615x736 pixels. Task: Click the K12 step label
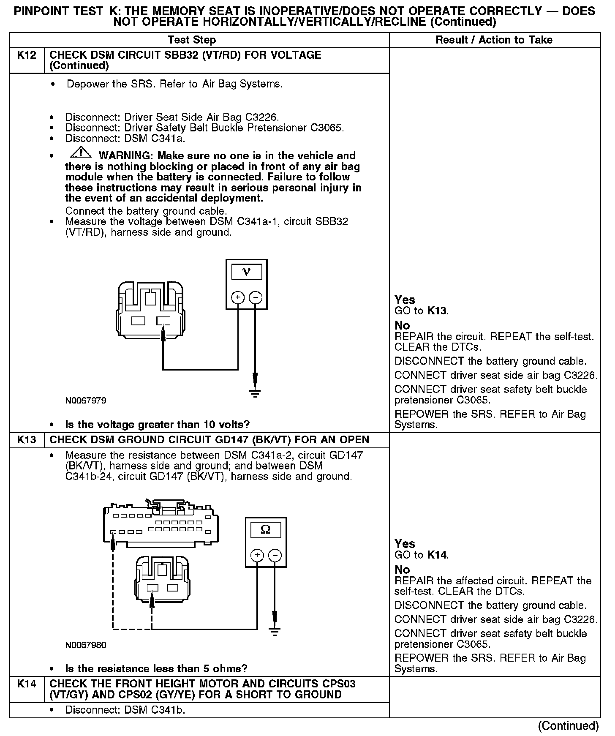point(27,55)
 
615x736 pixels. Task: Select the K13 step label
point(27,440)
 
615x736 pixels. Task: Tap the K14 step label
point(27,684)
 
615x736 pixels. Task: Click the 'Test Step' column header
point(192,40)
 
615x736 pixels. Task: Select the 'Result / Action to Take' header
point(494,40)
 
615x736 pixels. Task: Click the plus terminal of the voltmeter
point(238,298)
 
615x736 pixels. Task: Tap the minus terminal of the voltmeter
point(255,298)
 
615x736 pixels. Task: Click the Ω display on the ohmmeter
point(266,529)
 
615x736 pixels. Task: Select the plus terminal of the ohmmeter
point(257,555)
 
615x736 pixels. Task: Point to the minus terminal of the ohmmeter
point(275,555)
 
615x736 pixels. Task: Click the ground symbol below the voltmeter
point(255,393)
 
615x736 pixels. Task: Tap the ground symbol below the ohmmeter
point(275,632)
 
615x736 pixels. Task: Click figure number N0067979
point(86,401)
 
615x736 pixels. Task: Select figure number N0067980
point(86,645)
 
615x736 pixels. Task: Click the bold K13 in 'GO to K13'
point(437,311)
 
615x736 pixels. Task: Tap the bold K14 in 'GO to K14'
point(437,555)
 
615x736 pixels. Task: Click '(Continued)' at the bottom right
point(568,726)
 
